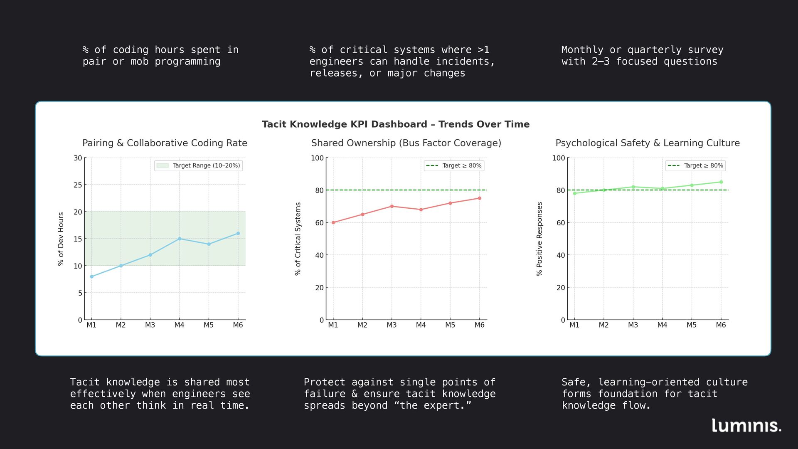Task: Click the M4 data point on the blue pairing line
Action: tap(180, 239)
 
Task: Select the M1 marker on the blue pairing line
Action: tap(92, 276)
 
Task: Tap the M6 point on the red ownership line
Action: tap(479, 198)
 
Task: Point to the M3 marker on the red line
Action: tap(392, 206)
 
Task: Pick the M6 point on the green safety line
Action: tap(721, 182)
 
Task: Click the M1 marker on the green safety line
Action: tap(575, 193)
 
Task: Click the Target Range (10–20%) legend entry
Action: tap(199, 165)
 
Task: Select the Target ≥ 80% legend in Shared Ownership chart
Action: tap(454, 165)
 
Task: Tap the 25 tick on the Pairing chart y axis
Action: tap(78, 185)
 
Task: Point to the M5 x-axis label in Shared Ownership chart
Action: tap(450, 325)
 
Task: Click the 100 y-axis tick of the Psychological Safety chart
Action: tap(559, 158)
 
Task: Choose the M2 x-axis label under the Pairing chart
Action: tap(121, 325)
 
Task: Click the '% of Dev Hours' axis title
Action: tap(61, 239)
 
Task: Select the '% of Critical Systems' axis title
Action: tap(298, 239)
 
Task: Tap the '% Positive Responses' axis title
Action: tap(539, 239)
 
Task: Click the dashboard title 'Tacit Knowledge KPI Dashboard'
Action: tap(396, 124)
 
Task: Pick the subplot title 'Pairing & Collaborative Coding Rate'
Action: tap(165, 143)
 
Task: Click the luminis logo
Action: tap(746, 425)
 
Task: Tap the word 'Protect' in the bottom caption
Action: tap(325, 382)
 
